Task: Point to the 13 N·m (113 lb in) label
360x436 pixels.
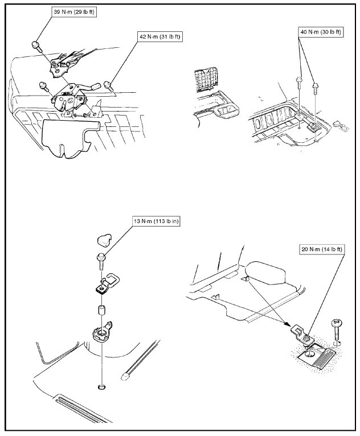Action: coord(153,221)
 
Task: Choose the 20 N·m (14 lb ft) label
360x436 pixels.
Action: coord(324,249)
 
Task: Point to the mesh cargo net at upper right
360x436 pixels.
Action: coord(206,80)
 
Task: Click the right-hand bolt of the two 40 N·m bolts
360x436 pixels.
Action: coord(316,88)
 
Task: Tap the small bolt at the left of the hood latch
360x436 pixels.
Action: coord(43,87)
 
